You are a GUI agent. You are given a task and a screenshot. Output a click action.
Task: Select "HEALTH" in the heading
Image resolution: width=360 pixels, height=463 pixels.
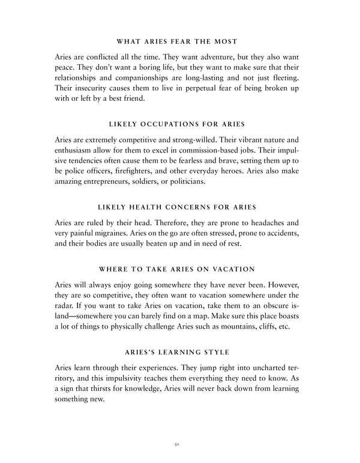click(x=153, y=207)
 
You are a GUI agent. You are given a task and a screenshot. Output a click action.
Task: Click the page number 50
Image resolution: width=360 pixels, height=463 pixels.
click(x=179, y=446)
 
